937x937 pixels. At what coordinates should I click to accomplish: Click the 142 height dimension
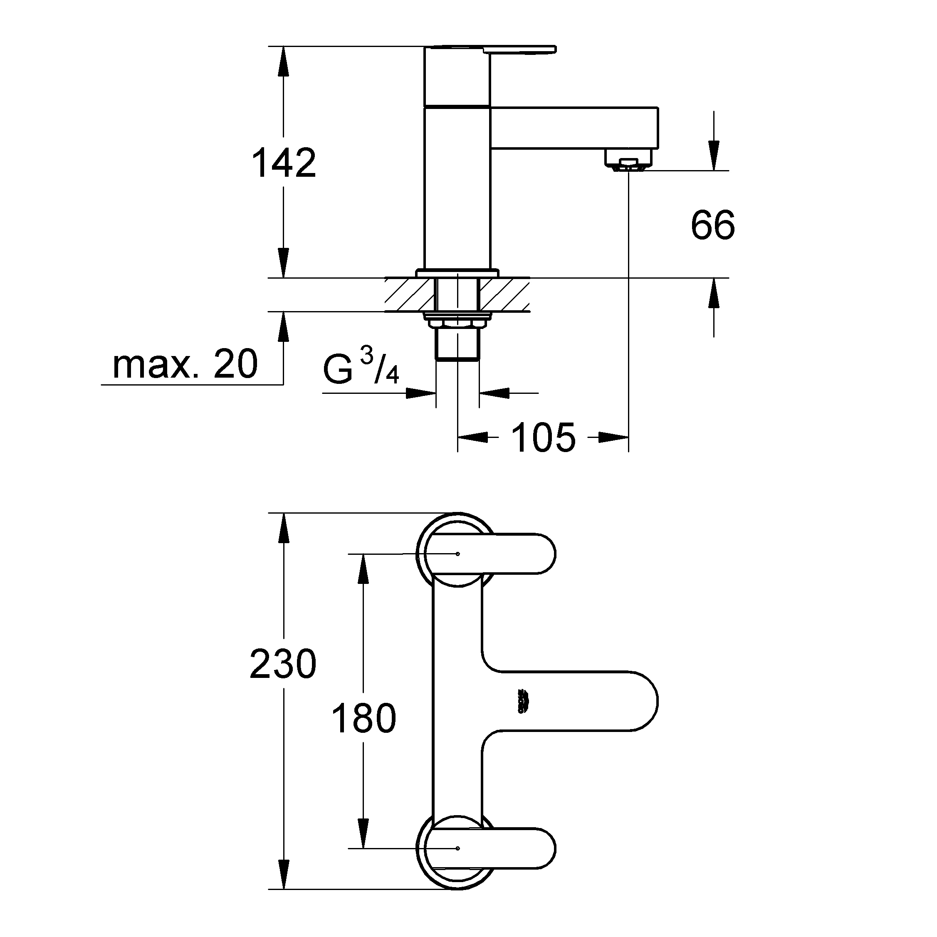[x=284, y=164]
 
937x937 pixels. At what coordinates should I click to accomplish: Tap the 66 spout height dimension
[x=712, y=225]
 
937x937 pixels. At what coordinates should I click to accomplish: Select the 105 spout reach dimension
[x=543, y=438]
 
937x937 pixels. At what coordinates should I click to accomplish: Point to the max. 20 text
[x=185, y=365]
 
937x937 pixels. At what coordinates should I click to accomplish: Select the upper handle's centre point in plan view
[x=458, y=554]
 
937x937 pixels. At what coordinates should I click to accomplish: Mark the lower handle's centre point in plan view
[x=458, y=848]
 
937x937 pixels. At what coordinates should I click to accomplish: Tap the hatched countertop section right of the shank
[x=504, y=295]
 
